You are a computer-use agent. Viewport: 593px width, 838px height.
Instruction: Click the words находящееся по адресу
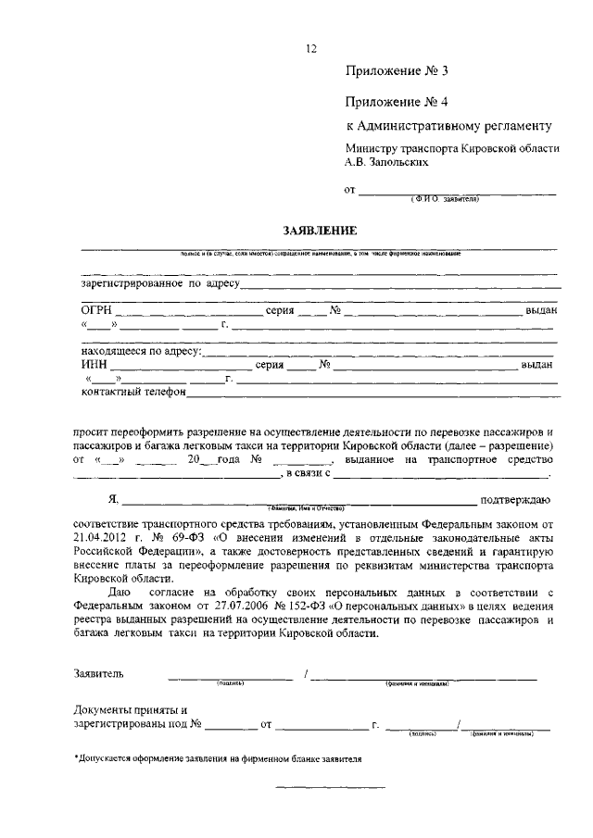pos(142,352)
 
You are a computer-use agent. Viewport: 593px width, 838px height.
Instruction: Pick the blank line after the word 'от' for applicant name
pos(458,191)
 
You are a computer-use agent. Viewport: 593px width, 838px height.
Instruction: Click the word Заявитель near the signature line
pos(97,673)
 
